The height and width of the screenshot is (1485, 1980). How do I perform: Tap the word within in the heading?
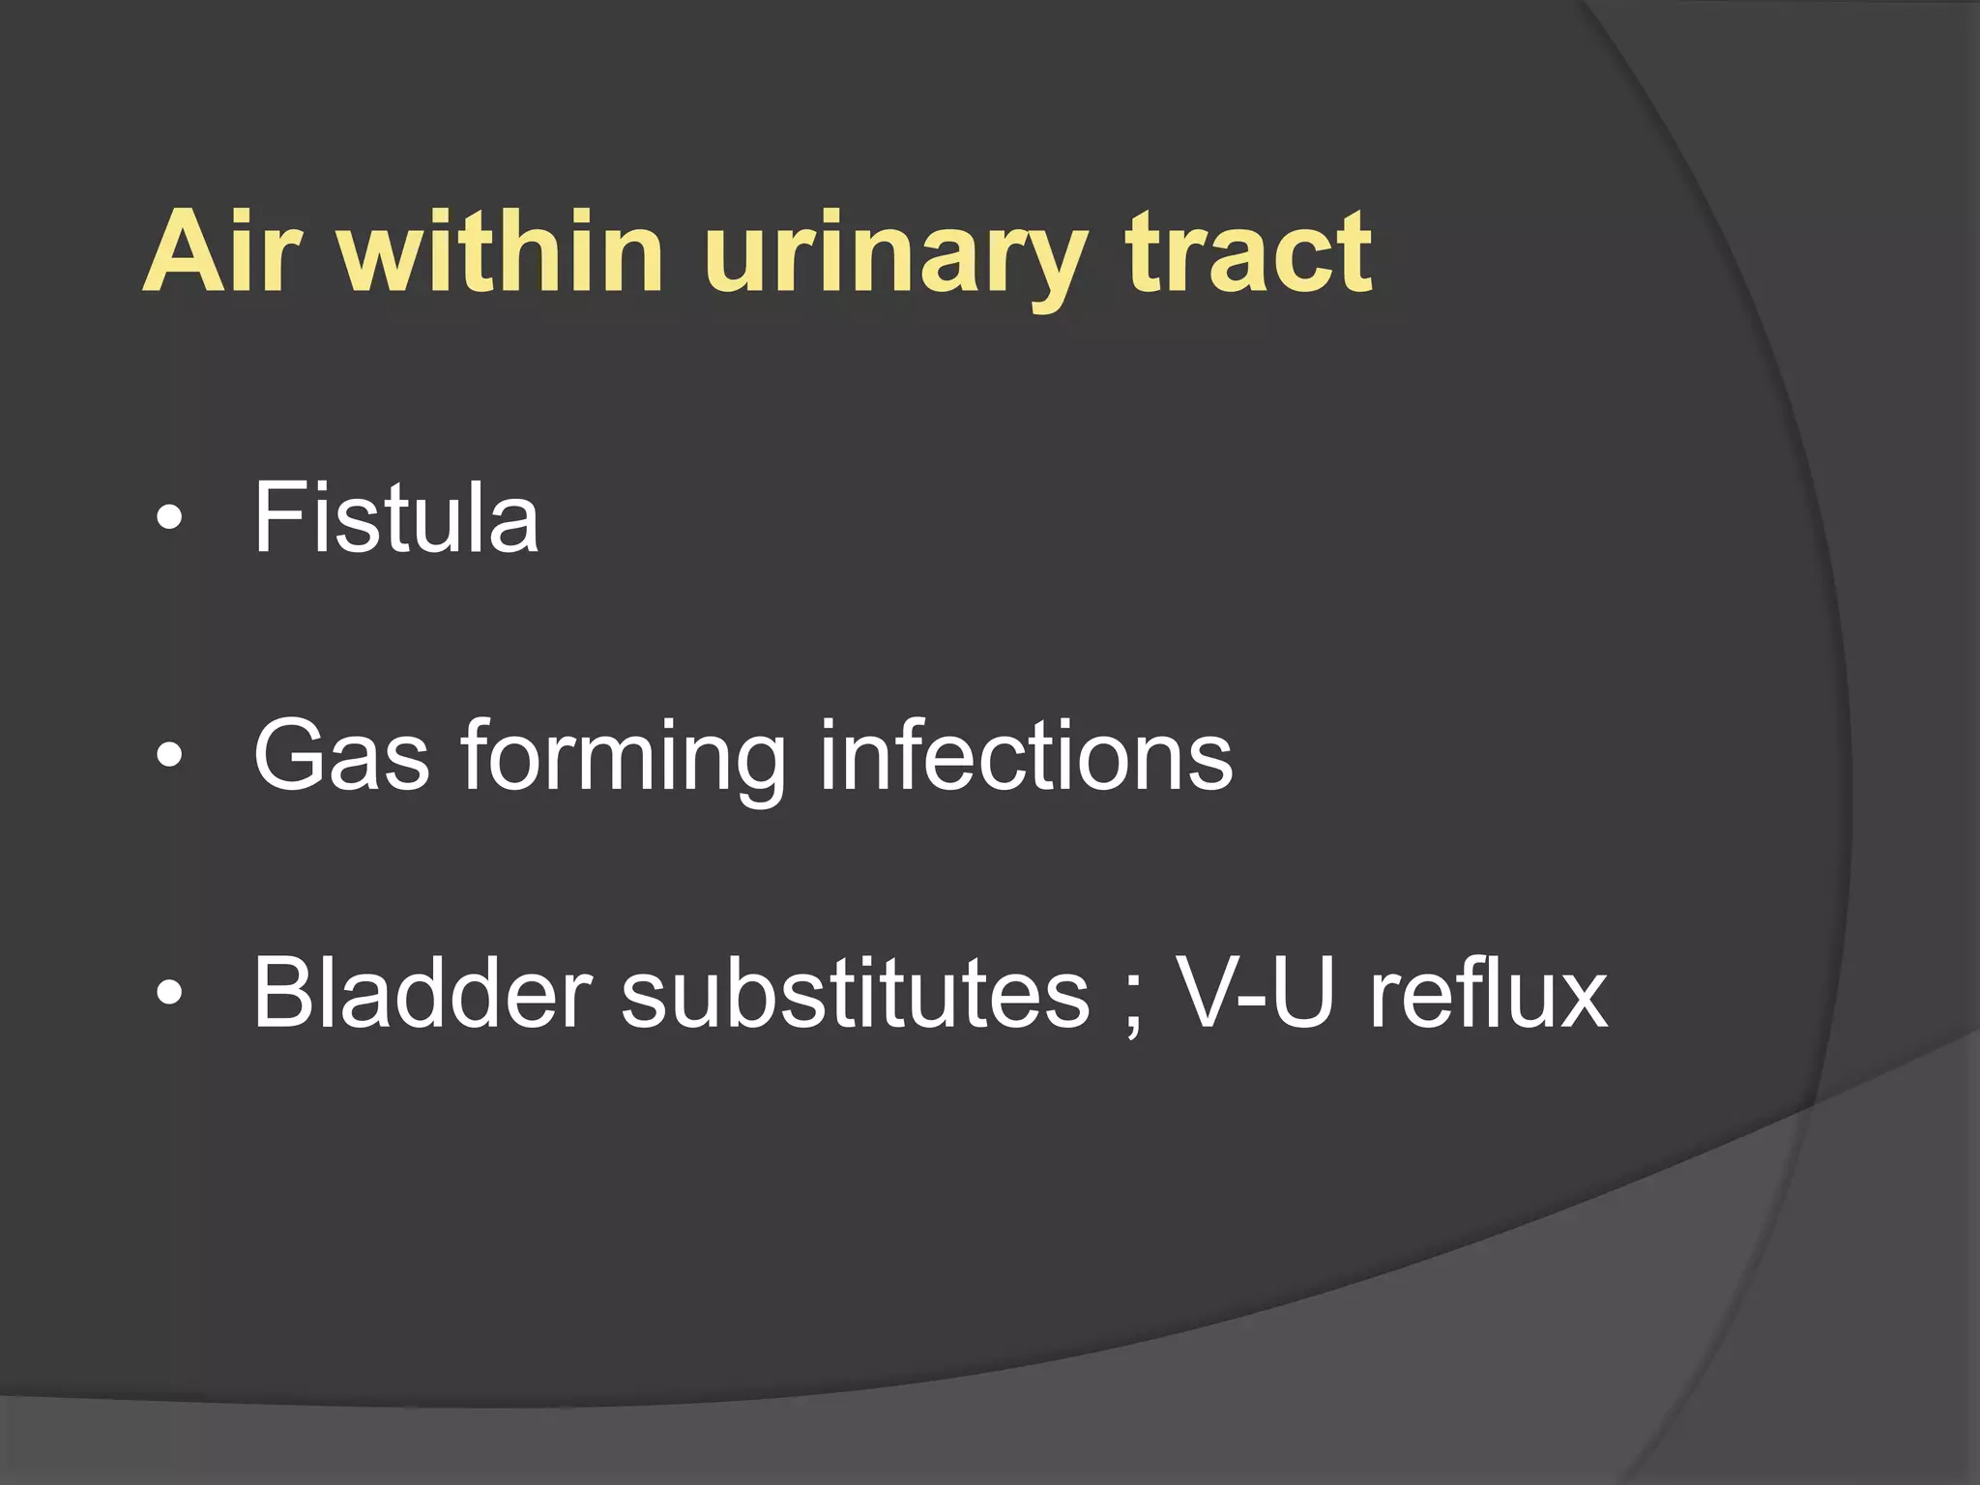(502, 253)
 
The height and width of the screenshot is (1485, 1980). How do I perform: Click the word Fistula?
(395, 519)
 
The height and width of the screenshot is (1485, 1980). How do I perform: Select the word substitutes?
(856, 993)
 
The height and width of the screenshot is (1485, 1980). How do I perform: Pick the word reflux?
(1488, 993)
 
